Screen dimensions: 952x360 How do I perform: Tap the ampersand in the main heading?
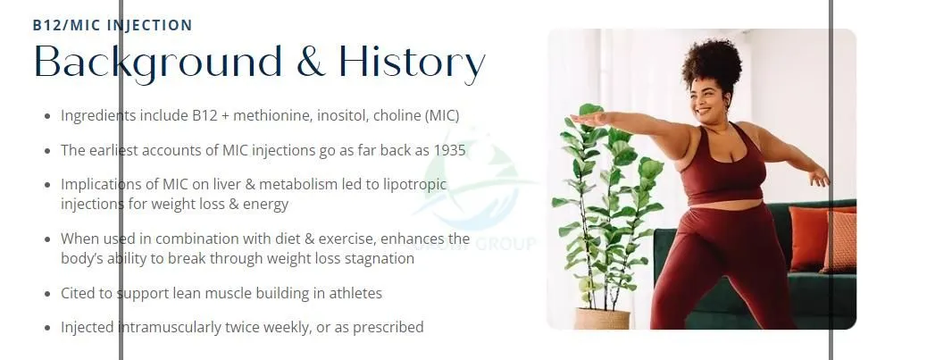coord(310,62)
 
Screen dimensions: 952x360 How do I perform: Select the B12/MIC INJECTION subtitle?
coord(113,26)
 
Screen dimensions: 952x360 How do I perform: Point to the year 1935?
coord(449,150)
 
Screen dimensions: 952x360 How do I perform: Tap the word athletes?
coord(355,294)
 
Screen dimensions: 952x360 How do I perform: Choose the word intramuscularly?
coord(161,328)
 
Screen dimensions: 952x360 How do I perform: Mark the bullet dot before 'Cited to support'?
coord(48,295)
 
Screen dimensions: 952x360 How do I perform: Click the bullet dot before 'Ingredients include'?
coord(48,116)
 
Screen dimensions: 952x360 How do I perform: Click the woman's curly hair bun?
coord(713,62)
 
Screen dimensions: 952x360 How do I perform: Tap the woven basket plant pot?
coord(602,319)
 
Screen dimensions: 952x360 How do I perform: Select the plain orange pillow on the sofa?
coord(811,238)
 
